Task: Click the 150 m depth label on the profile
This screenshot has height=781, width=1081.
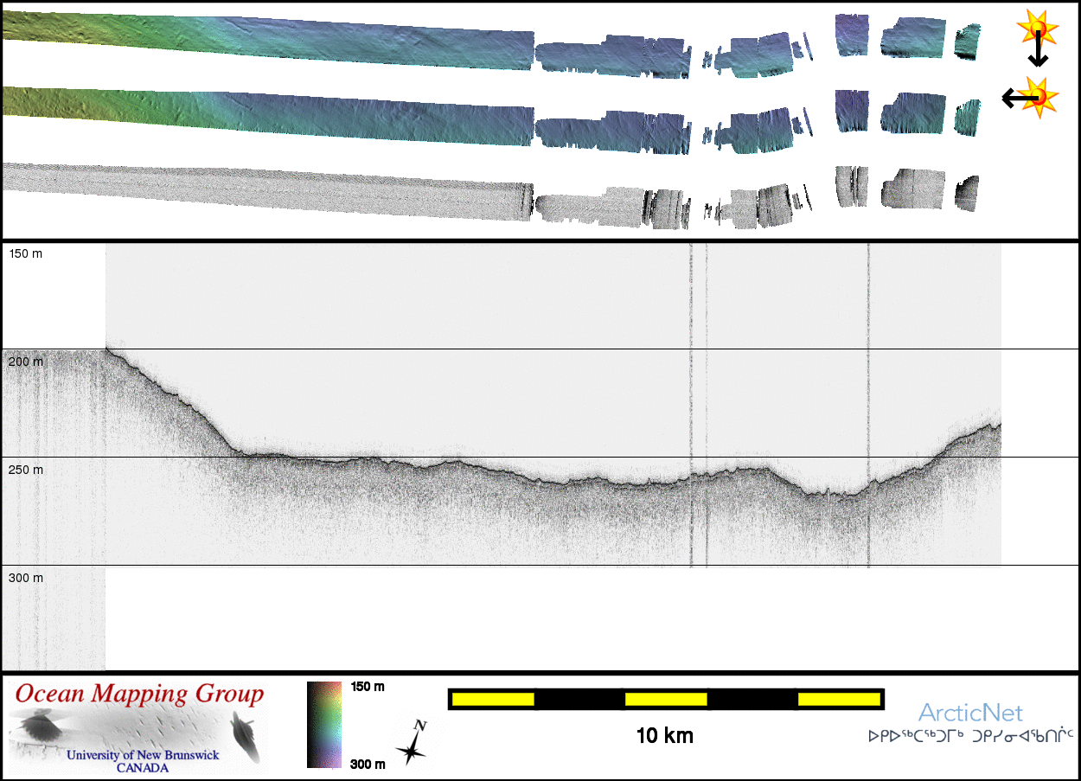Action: tap(26, 253)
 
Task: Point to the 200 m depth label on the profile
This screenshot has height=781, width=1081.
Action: tap(26, 362)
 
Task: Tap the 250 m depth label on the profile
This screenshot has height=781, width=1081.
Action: tap(26, 470)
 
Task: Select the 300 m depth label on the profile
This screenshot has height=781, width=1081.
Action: tap(26, 578)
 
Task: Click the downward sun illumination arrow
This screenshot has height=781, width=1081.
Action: tap(1038, 48)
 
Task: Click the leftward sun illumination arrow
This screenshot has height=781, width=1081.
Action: tap(1020, 98)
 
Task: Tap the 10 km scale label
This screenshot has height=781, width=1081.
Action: tap(664, 736)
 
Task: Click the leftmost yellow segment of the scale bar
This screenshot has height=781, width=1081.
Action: tap(493, 700)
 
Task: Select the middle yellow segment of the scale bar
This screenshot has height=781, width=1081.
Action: tap(666, 700)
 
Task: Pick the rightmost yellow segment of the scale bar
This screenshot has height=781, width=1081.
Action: tap(839, 700)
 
